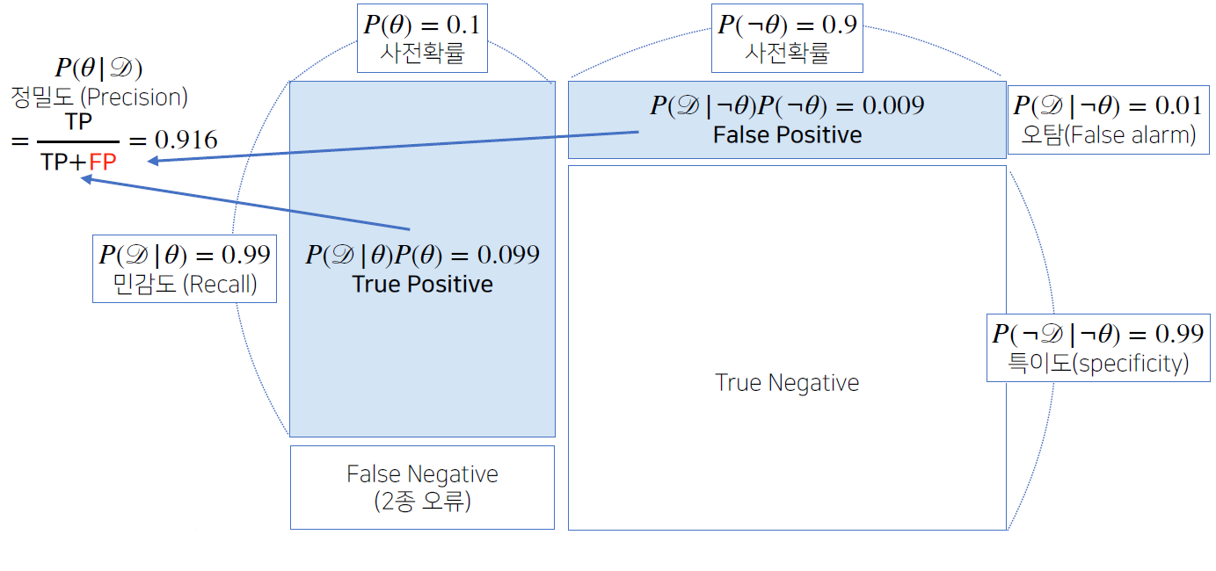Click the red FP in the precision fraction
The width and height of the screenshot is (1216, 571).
pyautogui.click(x=103, y=164)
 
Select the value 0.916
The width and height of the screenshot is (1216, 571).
pyautogui.click(x=186, y=141)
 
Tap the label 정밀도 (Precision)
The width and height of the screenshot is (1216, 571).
pyautogui.click(x=99, y=97)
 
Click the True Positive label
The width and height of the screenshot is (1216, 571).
pyautogui.click(x=422, y=285)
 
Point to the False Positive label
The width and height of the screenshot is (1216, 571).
pyautogui.click(x=787, y=134)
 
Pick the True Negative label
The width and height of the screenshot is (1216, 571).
pyautogui.click(x=787, y=383)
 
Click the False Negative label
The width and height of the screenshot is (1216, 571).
pyautogui.click(x=422, y=474)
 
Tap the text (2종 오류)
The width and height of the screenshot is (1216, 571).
pyautogui.click(x=422, y=503)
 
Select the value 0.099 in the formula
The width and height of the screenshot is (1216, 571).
pyautogui.click(x=508, y=256)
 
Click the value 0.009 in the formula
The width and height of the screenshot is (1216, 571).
pyautogui.click(x=893, y=105)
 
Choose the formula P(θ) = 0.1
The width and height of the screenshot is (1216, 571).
pyautogui.click(x=422, y=25)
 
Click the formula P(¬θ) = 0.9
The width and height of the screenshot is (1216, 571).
pyautogui.click(x=787, y=25)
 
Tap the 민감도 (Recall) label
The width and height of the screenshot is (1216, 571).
pyautogui.click(x=185, y=285)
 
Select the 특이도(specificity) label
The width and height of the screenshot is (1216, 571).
pyautogui.click(x=1098, y=364)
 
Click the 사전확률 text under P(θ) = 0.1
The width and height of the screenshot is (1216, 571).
pyautogui.click(x=422, y=54)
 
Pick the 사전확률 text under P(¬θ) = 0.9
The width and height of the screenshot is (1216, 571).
pyautogui.click(x=787, y=54)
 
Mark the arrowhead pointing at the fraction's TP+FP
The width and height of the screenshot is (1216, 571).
pyautogui.click(x=86, y=178)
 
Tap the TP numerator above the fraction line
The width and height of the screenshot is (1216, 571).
pyautogui.click(x=78, y=122)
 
